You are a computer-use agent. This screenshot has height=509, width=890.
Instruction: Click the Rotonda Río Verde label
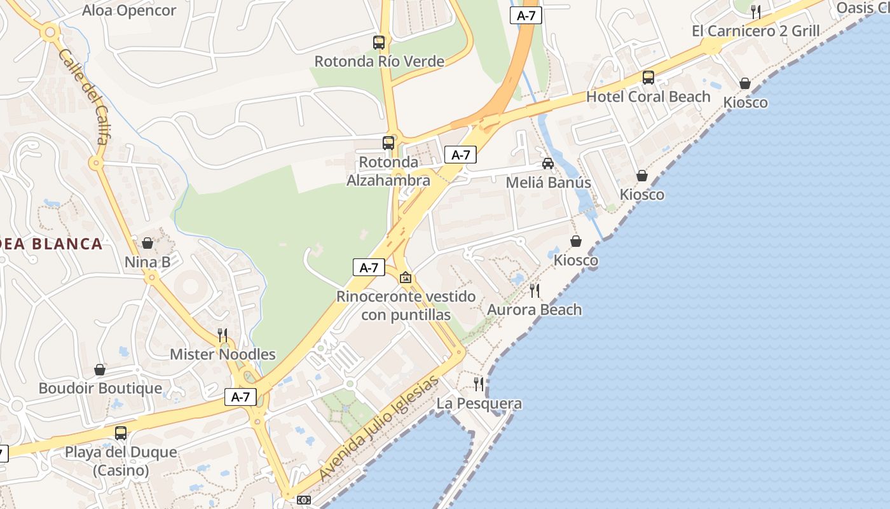[x=380, y=62]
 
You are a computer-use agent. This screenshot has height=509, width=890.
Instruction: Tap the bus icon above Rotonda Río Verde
[x=379, y=43]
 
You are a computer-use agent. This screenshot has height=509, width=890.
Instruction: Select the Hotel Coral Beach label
[x=648, y=97]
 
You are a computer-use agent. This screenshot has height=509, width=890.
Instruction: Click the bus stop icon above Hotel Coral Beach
[x=648, y=78]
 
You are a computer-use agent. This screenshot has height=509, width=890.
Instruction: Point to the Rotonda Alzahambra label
[x=388, y=171]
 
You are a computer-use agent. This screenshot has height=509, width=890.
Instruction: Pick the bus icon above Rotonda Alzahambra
[x=388, y=143]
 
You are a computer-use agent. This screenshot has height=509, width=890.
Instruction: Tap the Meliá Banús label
[x=548, y=183]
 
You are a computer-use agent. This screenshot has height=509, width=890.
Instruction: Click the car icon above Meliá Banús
[x=548, y=164]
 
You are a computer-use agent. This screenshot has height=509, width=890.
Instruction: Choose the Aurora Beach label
[x=534, y=310]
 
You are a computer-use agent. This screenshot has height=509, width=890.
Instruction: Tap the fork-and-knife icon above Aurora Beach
[x=535, y=291]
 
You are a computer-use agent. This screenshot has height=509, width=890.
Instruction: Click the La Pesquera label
[x=479, y=403]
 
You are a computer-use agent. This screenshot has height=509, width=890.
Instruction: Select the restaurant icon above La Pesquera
[x=479, y=384]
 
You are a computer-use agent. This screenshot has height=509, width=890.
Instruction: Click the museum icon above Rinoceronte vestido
[x=406, y=277]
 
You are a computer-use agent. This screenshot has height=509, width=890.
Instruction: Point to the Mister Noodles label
[x=222, y=354]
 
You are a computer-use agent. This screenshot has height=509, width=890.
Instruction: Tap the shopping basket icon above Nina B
[x=147, y=243]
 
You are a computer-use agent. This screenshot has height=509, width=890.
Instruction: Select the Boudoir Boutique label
[x=100, y=388]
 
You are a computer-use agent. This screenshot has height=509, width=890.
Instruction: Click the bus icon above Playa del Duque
[x=121, y=433]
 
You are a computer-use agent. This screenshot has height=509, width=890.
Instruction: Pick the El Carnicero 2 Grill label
[x=755, y=31]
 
